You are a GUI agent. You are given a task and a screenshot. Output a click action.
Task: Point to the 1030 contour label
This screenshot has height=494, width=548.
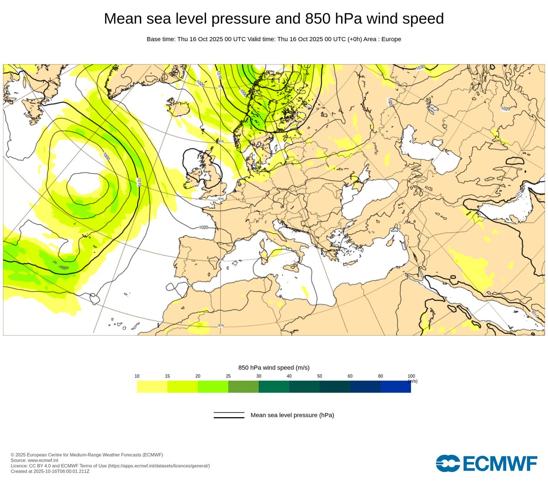(420, 68)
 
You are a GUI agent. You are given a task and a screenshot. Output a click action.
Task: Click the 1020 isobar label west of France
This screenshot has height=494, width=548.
(203, 227)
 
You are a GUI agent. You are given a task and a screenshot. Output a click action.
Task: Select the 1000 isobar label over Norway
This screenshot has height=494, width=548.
(243, 93)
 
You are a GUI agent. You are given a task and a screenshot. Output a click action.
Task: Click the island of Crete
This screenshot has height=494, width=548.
(350, 263)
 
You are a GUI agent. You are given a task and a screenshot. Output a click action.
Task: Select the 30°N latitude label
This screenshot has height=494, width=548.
(221, 326)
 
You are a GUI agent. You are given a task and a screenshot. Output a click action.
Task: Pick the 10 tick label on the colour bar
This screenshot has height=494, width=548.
(137, 376)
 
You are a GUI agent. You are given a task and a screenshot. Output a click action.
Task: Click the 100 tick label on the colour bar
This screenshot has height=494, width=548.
(411, 376)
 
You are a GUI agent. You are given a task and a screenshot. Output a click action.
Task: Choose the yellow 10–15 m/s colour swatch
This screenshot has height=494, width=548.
(152, 387)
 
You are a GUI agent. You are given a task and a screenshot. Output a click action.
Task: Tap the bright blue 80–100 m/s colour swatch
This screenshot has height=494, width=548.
(395, 387)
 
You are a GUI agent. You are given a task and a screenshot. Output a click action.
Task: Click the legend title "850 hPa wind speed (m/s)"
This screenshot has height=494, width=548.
(274, 368)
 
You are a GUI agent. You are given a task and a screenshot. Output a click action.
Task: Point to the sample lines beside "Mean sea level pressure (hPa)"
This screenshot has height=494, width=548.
(229, 415)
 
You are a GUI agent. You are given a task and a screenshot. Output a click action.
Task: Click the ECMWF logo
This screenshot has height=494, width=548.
(486, 463)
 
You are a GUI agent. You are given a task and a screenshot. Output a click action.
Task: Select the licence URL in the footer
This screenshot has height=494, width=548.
(159, 466)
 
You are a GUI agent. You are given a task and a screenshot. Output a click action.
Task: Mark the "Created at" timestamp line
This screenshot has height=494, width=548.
(50, 471)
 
